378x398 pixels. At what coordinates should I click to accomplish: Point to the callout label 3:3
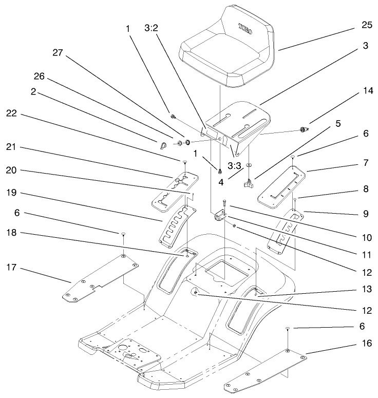235,166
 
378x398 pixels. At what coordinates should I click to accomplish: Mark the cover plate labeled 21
175,189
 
